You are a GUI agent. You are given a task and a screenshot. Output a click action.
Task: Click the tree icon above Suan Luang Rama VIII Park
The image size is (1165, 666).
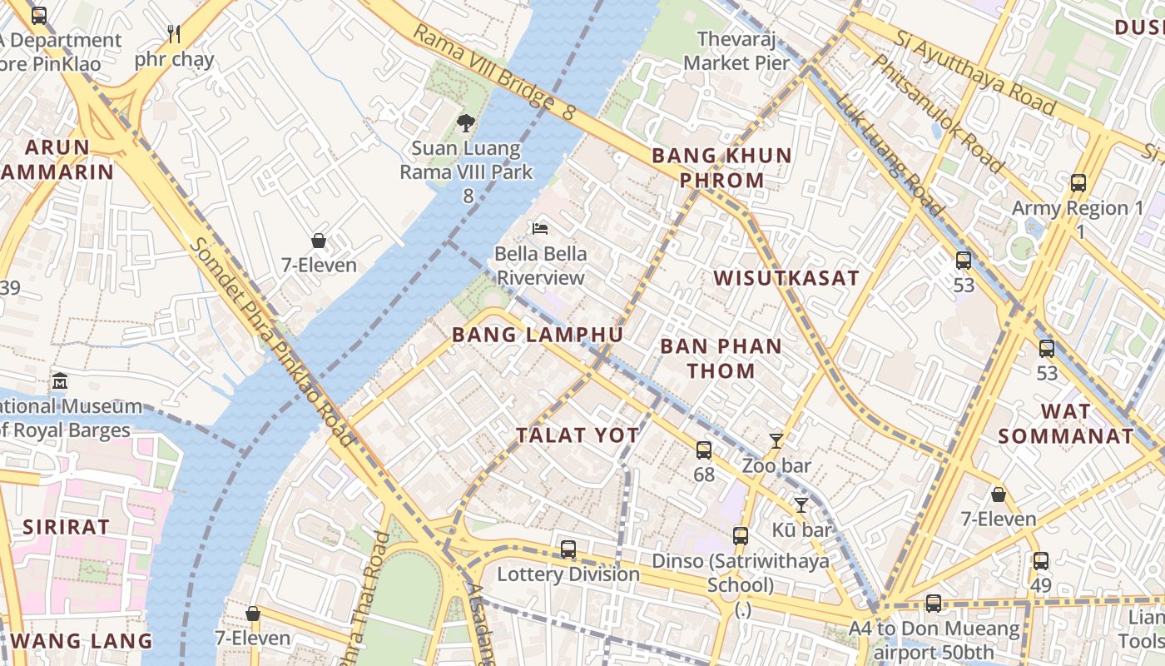466,123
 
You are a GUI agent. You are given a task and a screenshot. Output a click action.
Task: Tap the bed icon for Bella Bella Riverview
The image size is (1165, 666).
540,228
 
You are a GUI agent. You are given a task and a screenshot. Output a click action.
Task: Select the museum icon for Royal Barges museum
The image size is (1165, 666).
60,381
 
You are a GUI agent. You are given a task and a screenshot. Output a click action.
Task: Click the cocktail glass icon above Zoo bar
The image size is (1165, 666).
776,441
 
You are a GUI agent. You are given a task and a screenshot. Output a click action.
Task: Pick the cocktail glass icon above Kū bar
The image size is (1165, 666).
801,505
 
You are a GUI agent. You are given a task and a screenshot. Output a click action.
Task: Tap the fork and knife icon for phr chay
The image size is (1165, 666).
174,34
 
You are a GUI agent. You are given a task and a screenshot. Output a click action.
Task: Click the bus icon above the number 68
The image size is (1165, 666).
704,450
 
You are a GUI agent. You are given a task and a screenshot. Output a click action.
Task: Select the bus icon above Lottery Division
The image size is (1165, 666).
568,549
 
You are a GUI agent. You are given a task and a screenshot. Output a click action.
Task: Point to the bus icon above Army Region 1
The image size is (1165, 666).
1078,183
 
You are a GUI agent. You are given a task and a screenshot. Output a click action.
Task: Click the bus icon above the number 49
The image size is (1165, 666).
1041,561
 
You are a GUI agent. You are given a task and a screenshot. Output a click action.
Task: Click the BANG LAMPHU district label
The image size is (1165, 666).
537,335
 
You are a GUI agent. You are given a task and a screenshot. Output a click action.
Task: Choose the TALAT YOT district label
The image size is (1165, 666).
578,435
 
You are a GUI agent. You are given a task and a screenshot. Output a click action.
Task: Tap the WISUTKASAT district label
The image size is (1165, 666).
786,278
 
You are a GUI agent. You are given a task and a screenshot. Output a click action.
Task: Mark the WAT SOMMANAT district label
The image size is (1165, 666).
1066,424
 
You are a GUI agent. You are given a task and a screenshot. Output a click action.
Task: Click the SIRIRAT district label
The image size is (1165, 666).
66,526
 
